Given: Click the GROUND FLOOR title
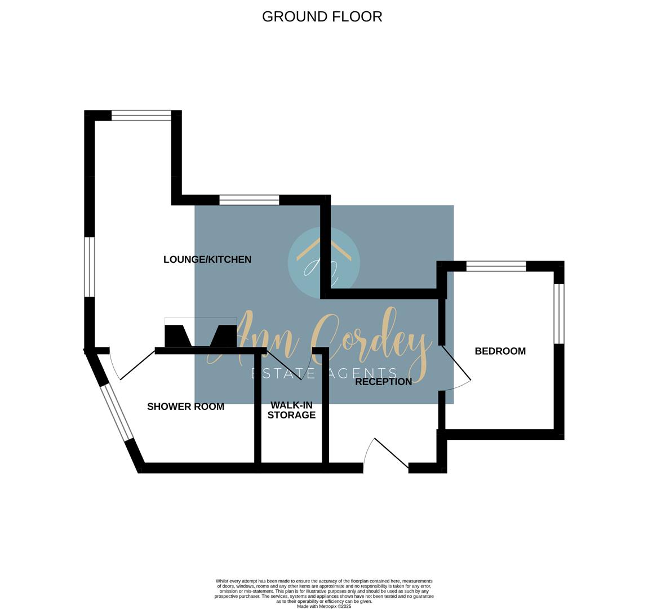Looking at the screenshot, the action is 322,16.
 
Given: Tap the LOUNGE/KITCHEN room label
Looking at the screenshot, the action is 207,259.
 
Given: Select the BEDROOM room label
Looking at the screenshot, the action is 500,351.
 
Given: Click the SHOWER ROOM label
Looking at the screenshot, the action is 185,407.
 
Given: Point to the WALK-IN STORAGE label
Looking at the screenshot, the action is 291,410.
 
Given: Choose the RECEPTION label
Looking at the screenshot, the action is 384,382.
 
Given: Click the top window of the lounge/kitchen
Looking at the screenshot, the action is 141,116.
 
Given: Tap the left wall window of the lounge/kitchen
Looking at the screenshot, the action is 90,267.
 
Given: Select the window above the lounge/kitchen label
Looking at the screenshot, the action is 249,200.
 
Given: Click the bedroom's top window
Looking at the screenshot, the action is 496,266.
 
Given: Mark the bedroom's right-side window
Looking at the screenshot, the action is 559,314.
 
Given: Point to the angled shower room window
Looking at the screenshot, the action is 117,412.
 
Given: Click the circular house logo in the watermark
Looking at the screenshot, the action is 323,262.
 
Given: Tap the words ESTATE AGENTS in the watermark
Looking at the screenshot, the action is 324,373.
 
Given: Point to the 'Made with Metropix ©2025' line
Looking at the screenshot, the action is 324,607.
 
